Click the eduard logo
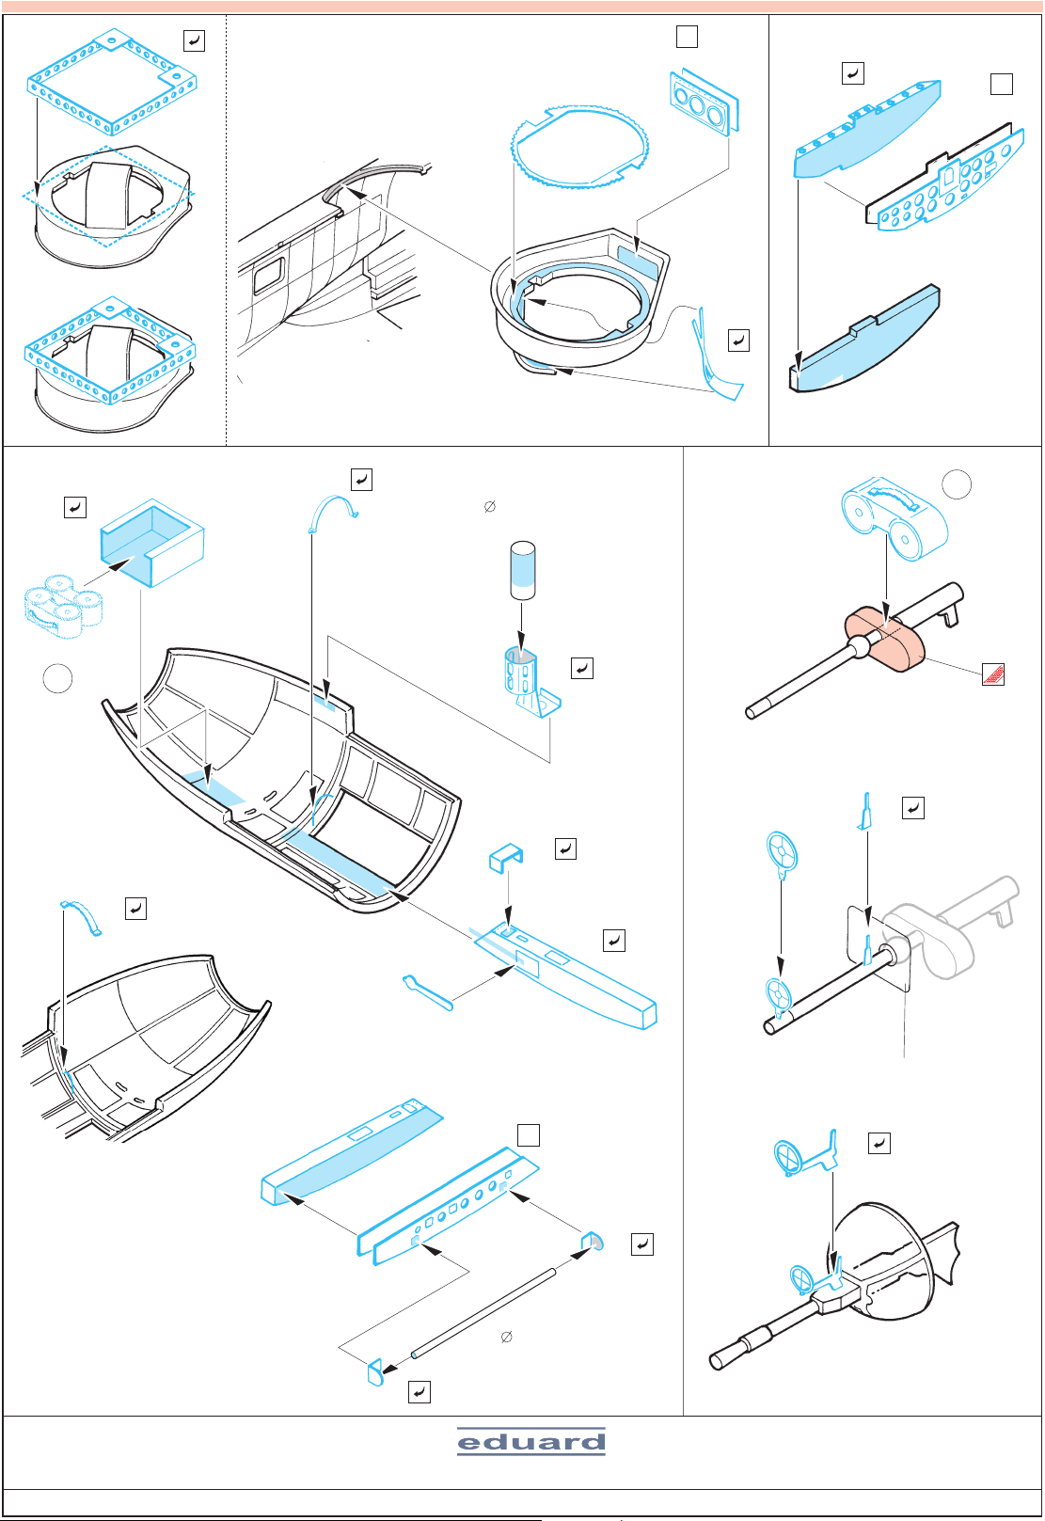(531, 1441)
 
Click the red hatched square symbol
(993, 674)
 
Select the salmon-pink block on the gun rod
(885, 639)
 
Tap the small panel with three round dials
(705, 102)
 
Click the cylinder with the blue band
(522, 570)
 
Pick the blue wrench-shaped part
(427, 992)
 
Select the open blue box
(152, 543)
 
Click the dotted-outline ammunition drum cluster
(63, 606)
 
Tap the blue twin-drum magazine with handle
(895, 517)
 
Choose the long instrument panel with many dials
(945, 178)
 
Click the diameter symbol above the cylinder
(489, 507)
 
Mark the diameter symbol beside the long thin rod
(506, 1337)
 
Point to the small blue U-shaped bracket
(506, 858)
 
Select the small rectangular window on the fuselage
(268, 275)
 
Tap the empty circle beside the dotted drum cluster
(57, 677)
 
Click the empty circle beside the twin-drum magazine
(957, 484)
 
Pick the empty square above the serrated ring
(688, 37)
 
